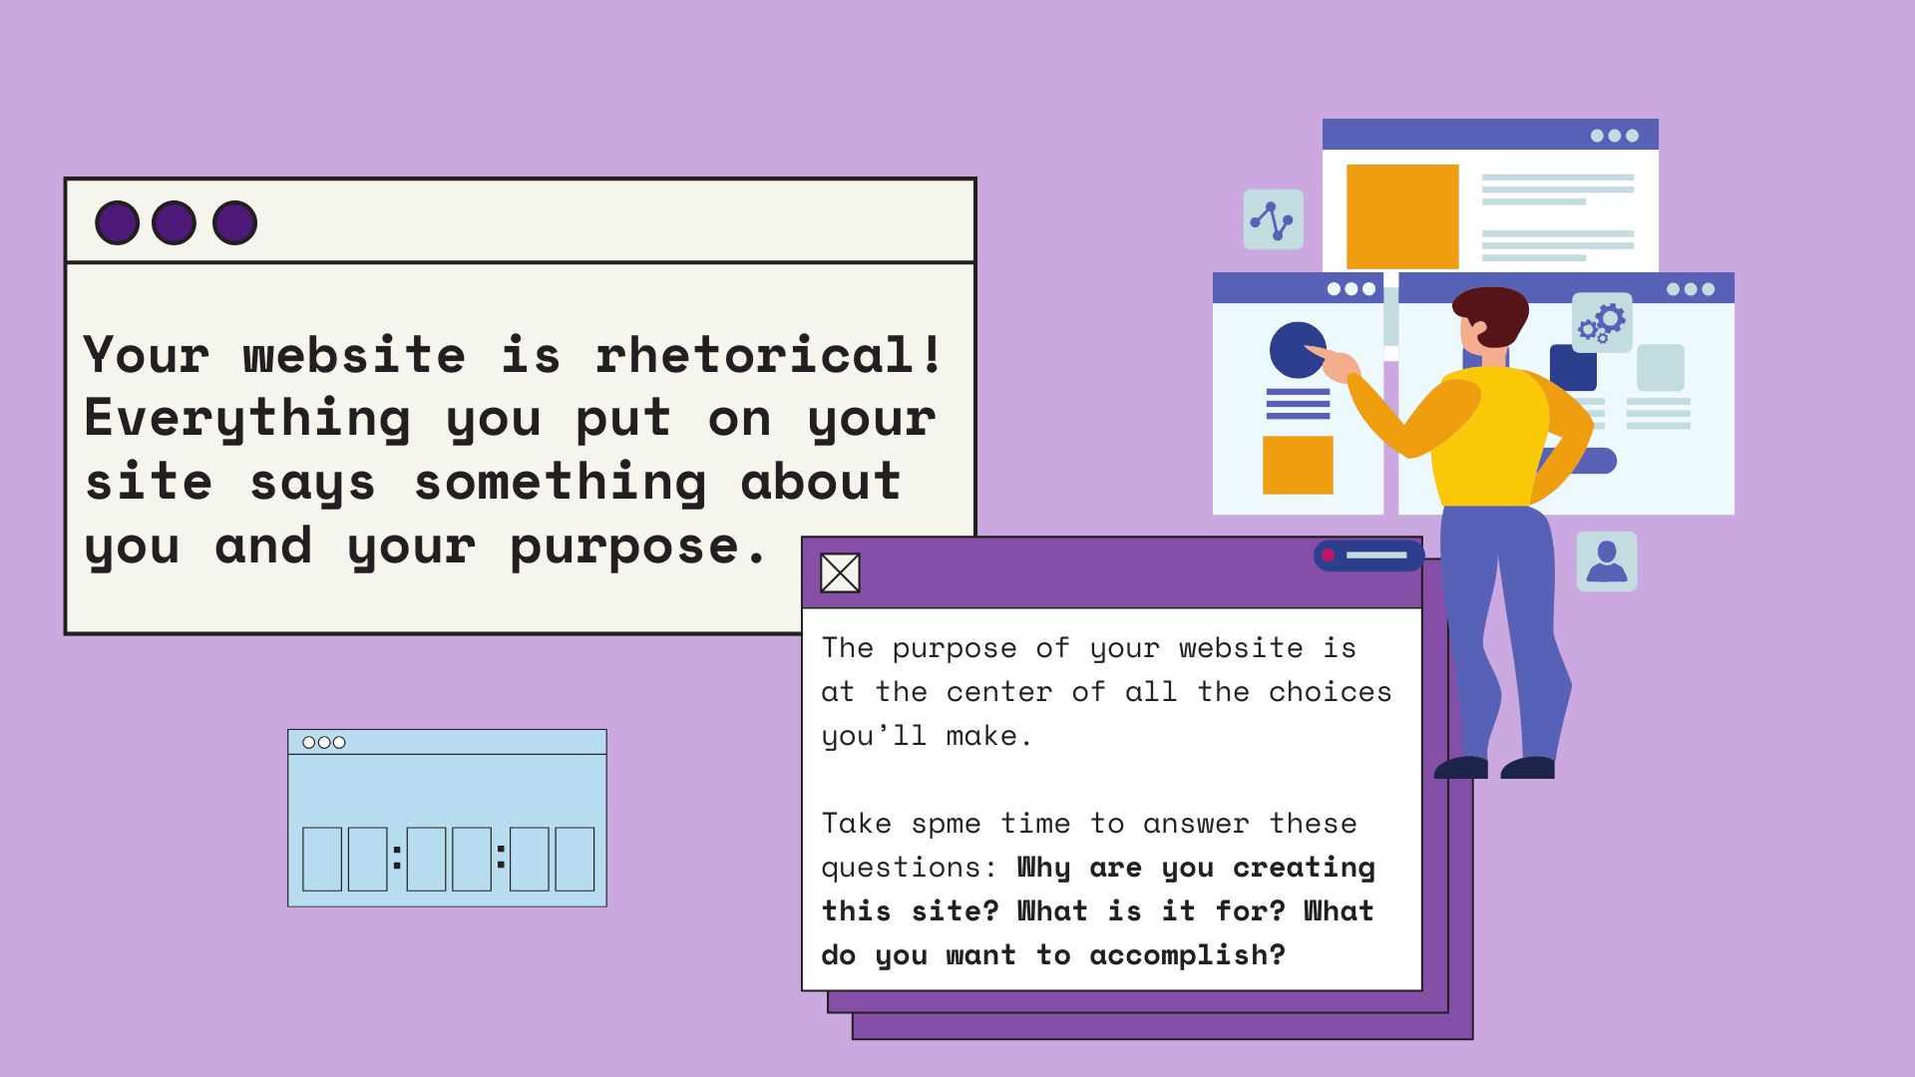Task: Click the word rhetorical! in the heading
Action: [x=768, y=355]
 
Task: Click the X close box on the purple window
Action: [x=840, y=573]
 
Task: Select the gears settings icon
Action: [x=1602, y=322]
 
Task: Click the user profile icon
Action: [x=1607, y=561]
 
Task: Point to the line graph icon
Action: [x=1273, y=219]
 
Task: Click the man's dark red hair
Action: [x=1492, y=311]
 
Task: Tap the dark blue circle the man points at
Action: [x=1298, y=350]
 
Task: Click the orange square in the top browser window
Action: [x=1402, y=216]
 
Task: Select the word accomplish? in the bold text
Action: [x=1187, y=955]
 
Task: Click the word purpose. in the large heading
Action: [x=638, y=547]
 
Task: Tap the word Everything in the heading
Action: [x=247, y=419]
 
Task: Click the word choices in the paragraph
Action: [x=1330, y=692]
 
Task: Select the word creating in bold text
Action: [x=1304, y=868]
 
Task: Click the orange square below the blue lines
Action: [x=1298, y=465]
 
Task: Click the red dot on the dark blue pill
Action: [x=1328, y=555]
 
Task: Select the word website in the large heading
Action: [x=354, y=355]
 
